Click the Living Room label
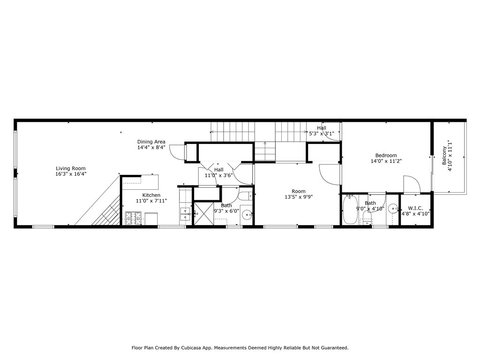coord(71,168)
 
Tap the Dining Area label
coord(151,142)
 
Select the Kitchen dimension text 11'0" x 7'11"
coord(151,201)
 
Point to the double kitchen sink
coord(186,214)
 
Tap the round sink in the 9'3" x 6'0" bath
coord(247,215)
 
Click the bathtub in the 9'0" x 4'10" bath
coord(350,210)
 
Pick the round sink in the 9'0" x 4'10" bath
coord(392,209)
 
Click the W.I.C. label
coord(415,208)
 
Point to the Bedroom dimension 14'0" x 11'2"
coord(386,161)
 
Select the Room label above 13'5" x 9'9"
coord(299,191)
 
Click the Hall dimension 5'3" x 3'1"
coord(322,134)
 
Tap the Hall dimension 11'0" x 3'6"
coord(219,175)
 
